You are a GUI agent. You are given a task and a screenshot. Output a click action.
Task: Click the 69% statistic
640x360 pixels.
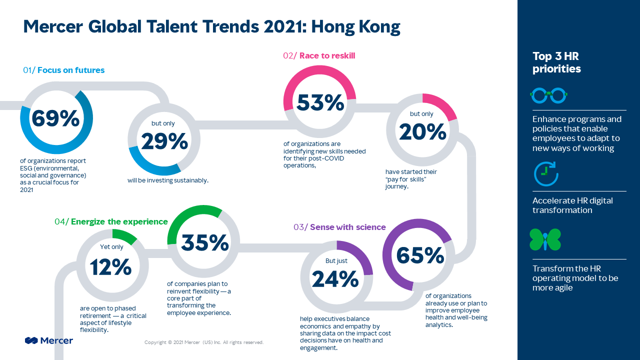55,118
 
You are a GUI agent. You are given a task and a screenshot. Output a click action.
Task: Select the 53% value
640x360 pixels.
320,102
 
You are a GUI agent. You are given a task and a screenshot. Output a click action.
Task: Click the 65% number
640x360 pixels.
420,255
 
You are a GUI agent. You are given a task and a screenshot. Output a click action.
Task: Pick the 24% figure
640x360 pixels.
335,279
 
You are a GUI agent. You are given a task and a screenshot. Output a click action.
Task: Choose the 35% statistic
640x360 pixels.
205,243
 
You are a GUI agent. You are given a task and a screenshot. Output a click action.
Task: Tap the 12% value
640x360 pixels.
111,267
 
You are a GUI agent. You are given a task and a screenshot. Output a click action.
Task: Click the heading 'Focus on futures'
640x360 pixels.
71,70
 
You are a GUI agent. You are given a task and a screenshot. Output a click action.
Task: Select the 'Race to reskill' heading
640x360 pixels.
327,55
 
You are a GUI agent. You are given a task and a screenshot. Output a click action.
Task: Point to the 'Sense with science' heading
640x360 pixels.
348,227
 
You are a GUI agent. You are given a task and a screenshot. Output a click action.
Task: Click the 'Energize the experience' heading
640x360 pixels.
119,221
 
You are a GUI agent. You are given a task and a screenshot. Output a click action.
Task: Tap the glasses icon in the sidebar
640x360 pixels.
548,95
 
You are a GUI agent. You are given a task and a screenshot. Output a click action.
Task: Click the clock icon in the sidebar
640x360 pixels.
546,173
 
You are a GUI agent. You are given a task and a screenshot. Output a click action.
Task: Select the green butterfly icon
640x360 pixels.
545,239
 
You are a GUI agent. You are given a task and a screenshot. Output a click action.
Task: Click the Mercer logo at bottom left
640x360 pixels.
49,340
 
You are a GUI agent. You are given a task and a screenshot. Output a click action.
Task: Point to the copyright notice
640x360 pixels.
204,342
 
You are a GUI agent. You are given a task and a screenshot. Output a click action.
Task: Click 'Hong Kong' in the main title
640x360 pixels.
355,27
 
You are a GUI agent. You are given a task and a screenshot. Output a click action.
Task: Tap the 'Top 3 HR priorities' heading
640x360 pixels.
556,62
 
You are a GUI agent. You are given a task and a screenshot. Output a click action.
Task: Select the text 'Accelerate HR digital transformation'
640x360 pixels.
572,205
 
